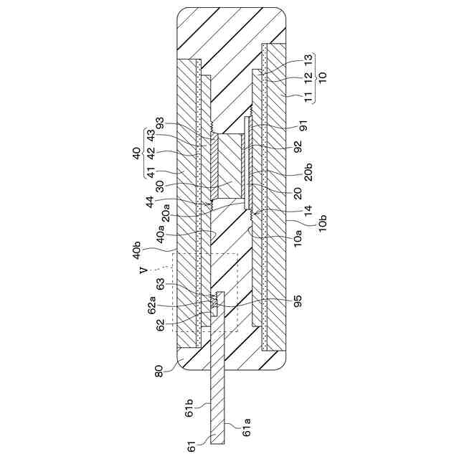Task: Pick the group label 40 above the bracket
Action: [136, 153]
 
